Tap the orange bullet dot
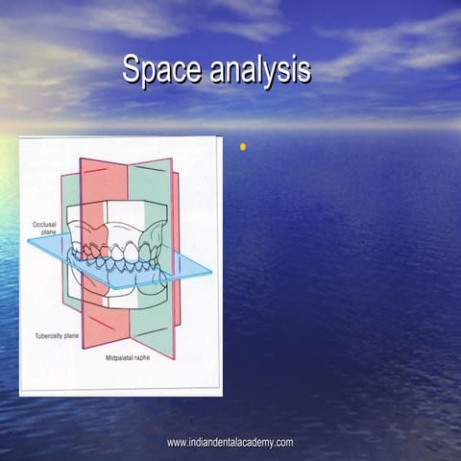tap(242, 147)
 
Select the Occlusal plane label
tap(44, 228)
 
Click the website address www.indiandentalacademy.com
tap(230, 443)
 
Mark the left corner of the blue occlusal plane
tap(30, 241)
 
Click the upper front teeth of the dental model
tap(119, 252)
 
